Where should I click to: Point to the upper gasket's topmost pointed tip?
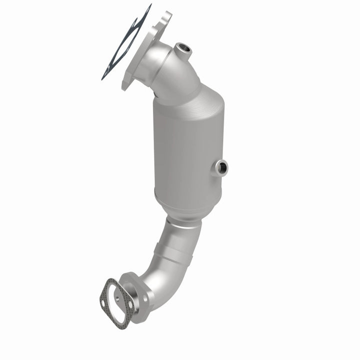point(150,5)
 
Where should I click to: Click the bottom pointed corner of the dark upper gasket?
point(103,78)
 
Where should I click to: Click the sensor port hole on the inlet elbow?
point(182,49)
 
